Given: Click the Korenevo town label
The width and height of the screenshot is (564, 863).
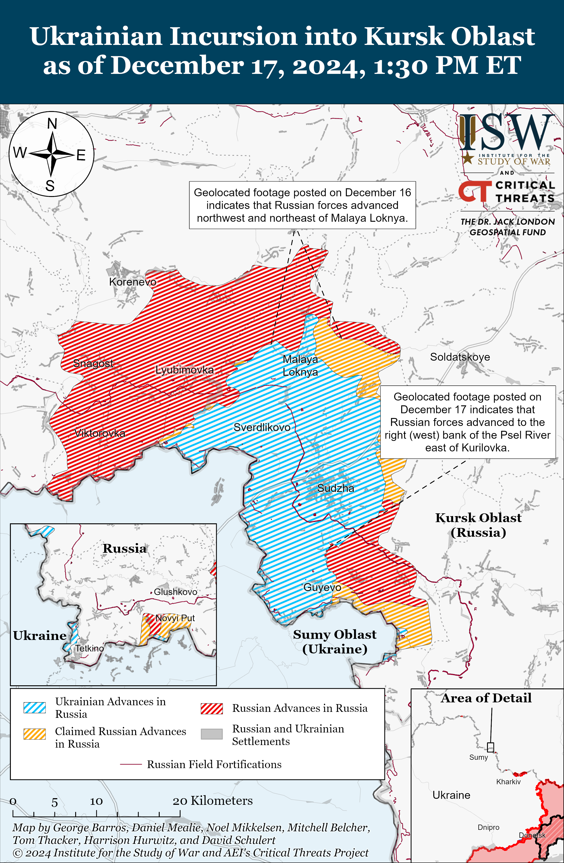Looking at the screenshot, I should [133, 282].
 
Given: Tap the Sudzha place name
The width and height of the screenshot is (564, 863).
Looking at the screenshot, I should [336, 488].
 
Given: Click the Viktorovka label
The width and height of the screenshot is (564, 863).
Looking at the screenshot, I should [100, 433].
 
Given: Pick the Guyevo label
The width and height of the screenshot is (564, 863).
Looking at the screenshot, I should [322, 588].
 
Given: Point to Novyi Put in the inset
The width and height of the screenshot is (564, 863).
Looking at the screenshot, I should [175, 618].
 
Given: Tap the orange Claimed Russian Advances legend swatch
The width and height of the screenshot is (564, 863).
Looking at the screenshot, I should [35, 734].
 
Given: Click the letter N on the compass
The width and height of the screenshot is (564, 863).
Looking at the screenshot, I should [52, 124].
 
